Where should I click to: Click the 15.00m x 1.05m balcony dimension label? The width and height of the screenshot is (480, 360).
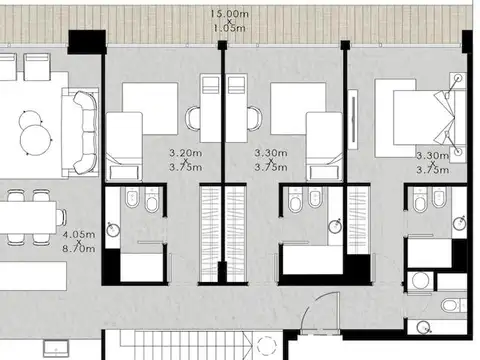point(229,21)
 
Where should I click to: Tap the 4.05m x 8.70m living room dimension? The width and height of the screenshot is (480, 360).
point(79,241)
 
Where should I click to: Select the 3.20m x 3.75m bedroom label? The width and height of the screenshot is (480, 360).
point(186,160)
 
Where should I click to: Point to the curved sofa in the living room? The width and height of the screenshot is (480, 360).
point(85,132)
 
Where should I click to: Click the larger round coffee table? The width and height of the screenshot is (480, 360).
point(36,140)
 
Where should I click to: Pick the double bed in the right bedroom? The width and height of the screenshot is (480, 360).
point(423,118)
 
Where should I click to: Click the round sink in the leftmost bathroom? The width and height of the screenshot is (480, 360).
point(113,229)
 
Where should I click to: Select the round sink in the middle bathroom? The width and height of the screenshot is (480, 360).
point(335,226)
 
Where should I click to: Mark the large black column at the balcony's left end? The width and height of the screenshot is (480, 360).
point(87,42)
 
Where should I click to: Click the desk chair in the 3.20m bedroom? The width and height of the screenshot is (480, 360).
point(193,118)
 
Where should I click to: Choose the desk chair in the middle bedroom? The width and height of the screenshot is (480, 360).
point(255,118)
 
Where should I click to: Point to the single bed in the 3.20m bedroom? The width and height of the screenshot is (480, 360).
point(124,147)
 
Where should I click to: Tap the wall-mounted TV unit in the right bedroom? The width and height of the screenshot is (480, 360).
point(353,119)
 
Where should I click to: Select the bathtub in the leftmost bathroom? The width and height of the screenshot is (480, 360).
point(141,267)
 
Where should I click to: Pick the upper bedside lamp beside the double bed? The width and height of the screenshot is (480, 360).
point(459,79)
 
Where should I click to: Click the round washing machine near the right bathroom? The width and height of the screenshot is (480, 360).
point(420,281)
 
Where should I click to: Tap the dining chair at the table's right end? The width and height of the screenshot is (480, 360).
point(61,217)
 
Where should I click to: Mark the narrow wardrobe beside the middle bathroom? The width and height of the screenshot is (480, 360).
point(358,220)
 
